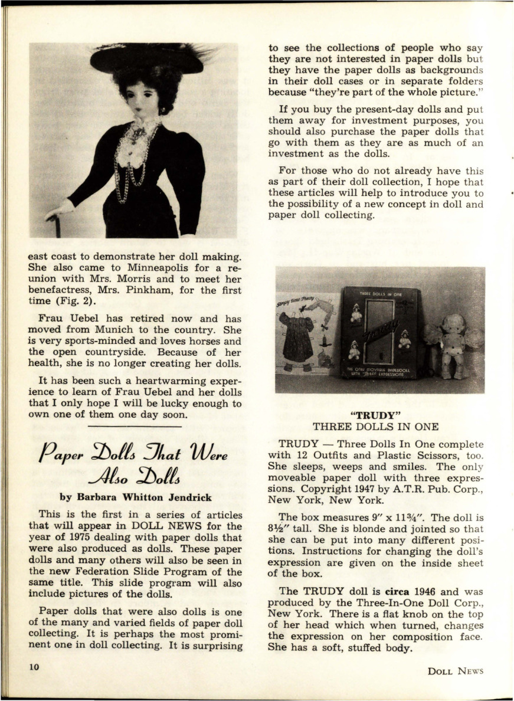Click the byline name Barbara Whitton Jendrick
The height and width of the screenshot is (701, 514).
coord(136,497)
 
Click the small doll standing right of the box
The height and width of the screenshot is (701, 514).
coord(453,345)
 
